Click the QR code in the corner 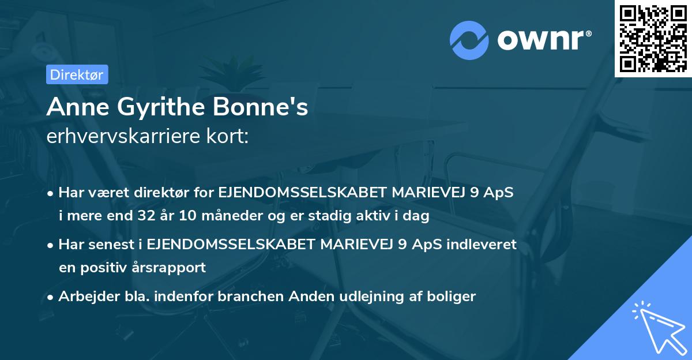point(653,38)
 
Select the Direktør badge point(76,74)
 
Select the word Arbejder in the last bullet point(84,297)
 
